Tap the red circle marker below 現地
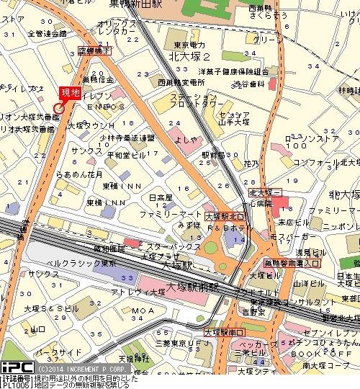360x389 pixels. point(58,108)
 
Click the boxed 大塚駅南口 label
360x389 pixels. point(225,332)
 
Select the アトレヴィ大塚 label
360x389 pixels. point(134,291)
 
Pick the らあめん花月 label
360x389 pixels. point(84,174)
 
